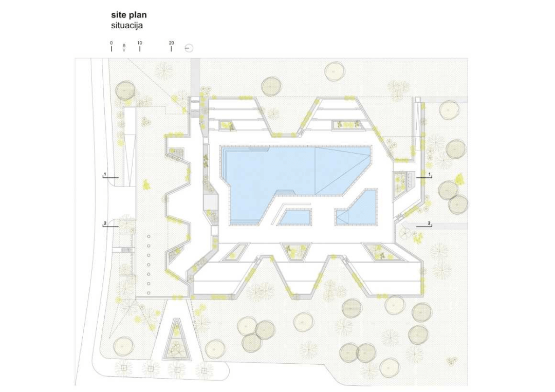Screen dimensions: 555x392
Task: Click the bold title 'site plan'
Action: pos(129,15)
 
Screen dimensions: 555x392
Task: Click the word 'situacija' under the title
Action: pos(127,26)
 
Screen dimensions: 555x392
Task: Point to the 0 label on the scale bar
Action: pos(111,43)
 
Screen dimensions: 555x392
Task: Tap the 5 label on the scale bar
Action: pos(124,46)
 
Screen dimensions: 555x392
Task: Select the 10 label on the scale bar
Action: pos(139,43)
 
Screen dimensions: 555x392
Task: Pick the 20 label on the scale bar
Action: pos(171,43)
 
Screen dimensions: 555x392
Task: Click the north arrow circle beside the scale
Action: pos(189,48)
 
